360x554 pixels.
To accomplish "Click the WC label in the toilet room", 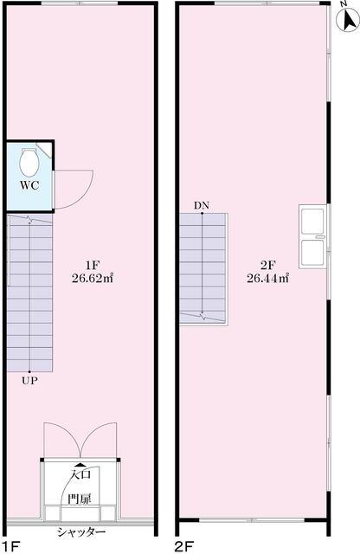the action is click(29, 185).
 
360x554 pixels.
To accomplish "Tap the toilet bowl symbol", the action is click(29, 163).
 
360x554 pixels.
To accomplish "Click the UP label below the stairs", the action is click(29, 381).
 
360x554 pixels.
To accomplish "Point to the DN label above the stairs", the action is click(202, 205).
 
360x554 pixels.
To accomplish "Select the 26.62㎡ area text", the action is click(92, 279).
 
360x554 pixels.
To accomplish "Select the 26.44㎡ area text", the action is click(267, 279).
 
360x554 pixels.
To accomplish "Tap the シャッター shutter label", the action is click(81, 532).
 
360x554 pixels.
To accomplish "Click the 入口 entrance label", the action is click(81, 474).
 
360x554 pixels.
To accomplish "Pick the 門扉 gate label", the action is click(80, 499).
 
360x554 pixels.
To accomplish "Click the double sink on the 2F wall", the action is click(312, 236).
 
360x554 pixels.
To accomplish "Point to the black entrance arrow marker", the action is click(80, 465).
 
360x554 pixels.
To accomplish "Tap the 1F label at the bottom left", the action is click(10, 546).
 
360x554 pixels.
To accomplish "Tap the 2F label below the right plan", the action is click(184, 546).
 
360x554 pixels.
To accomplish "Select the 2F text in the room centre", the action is click(267, 265).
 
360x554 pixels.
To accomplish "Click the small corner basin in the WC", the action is click(44, 150).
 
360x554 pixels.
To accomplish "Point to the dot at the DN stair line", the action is click(202, 213).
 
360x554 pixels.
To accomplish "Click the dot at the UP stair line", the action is click(29, 371).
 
